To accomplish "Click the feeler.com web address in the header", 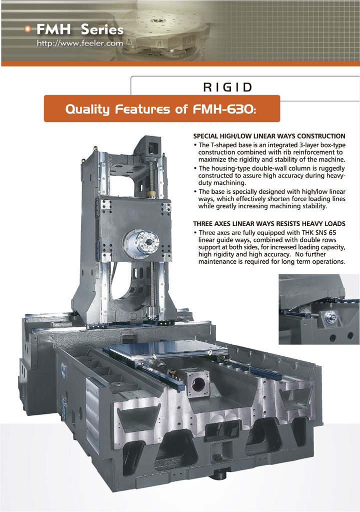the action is pos(80,43).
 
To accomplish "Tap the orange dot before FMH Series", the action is pos(28,30).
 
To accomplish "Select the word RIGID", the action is pos(227,87).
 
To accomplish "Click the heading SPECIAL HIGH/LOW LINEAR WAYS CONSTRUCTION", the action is pos(269,136).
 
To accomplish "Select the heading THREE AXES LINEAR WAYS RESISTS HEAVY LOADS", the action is pos(269,224).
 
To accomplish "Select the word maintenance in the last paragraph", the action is pos(217,262).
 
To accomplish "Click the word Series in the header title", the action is pos(102,30).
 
